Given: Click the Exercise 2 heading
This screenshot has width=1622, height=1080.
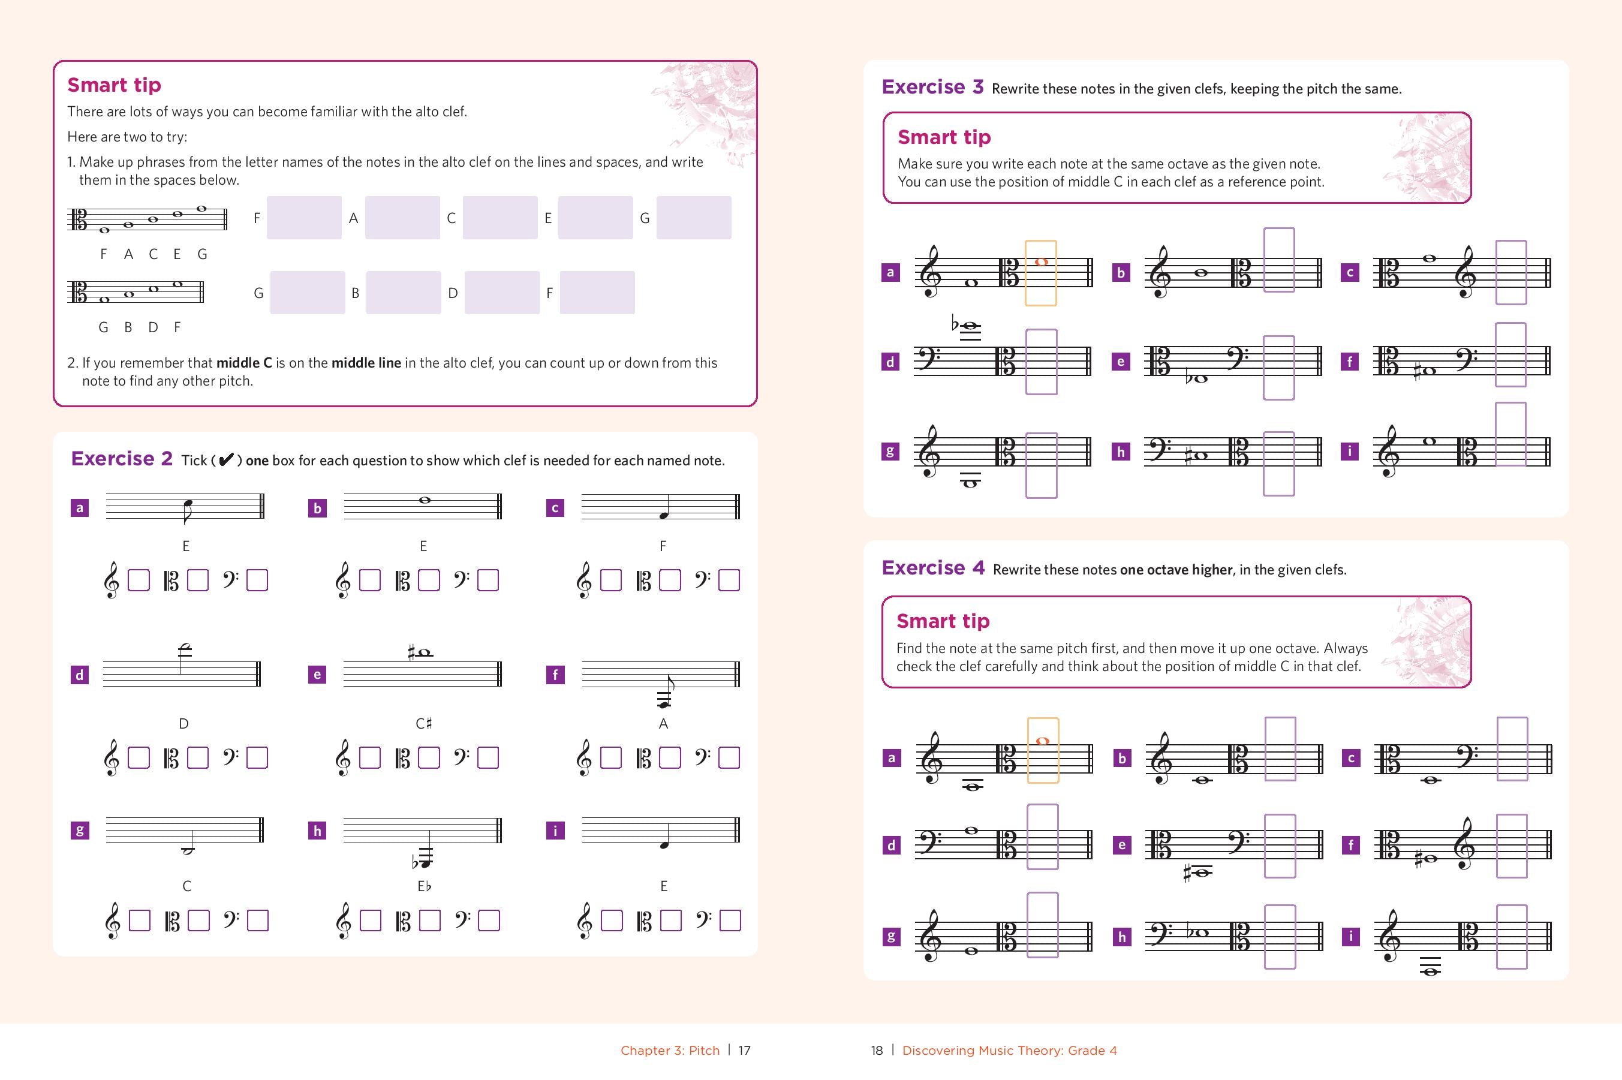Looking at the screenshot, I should click(x=121, y=459).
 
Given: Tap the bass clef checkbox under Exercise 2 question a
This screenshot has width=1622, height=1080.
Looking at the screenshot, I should click(x=257, y=580).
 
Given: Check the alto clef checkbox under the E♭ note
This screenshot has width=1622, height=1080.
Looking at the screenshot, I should click(x=430, y=921).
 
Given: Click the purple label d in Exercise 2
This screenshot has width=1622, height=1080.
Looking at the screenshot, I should click(x=80, y=675).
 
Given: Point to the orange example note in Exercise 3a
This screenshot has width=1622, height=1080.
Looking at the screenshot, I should click(x=1041, y=261).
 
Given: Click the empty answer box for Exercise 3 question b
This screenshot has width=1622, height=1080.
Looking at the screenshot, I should click(x=1279, y=260).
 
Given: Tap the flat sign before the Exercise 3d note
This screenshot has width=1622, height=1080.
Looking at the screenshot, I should click(x=955, y=323).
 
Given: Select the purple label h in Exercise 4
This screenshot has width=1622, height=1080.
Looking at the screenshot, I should click(x=1122, y=937).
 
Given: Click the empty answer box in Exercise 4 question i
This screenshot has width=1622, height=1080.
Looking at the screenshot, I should click(x=1512, y=937).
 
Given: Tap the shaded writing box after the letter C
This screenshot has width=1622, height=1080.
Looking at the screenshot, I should click(x=500, y=218).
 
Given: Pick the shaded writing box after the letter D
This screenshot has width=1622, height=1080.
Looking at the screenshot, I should click(x=501, y=293).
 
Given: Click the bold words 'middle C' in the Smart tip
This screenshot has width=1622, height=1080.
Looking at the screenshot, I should click(x=244, y=363).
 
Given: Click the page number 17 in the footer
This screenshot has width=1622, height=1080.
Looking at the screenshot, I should click(x=745, y=1051).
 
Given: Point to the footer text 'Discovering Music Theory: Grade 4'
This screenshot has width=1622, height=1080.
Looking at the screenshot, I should click(x=1009, y=1051).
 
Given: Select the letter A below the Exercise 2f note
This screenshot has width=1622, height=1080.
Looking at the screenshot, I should click(x=663, y=724).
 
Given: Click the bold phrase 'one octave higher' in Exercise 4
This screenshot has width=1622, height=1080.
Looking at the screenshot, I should click(x=1176, y=570).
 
